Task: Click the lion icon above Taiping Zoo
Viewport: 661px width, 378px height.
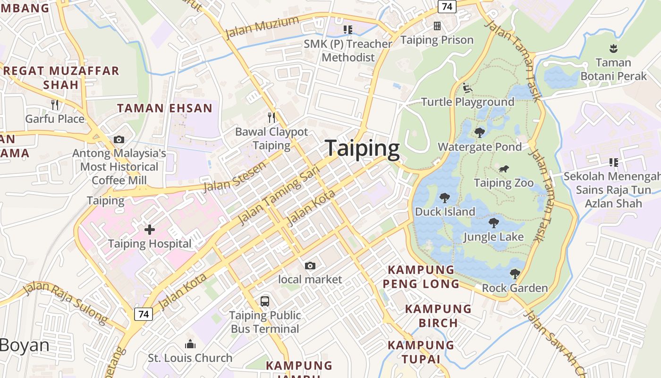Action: pos(504,169)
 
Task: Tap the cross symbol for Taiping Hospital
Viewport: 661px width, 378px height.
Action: pos(150,230)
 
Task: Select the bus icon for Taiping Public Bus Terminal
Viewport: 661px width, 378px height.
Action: pos(265,301)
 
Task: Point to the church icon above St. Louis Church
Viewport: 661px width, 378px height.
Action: pos(190,344)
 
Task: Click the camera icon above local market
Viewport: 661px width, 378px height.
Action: pos(310,266)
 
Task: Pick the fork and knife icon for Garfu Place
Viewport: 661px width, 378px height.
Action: pos(55,104)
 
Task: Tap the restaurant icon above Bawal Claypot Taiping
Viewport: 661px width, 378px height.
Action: pos(271,117)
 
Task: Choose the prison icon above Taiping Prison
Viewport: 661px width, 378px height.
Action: pos(437,26)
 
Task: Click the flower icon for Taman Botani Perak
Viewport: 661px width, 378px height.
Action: pos(613,48)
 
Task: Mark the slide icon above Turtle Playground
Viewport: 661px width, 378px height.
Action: pos(467,87)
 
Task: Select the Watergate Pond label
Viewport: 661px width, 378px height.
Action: pos(480,147)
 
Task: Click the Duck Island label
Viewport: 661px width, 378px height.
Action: pos(445,211)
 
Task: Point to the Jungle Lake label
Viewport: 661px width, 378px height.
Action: pos(493,236)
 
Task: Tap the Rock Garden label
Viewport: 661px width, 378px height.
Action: pos(515,288)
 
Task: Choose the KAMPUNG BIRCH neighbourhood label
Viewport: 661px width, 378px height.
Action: pos(438,316)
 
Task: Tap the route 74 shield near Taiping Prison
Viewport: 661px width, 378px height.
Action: pos(446,6)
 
